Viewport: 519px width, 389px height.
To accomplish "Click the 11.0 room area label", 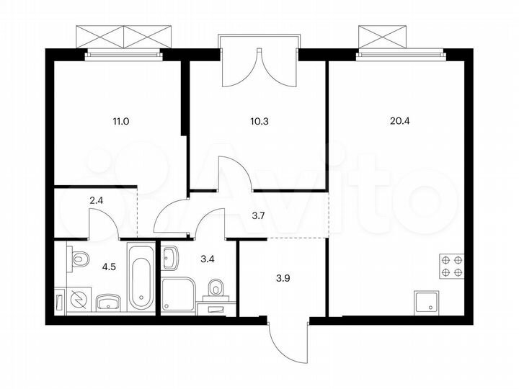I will (x=120, y=121).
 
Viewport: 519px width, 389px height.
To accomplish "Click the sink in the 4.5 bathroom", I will (x=108, y=300).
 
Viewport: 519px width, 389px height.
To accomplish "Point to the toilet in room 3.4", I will (x=216, y=290).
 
